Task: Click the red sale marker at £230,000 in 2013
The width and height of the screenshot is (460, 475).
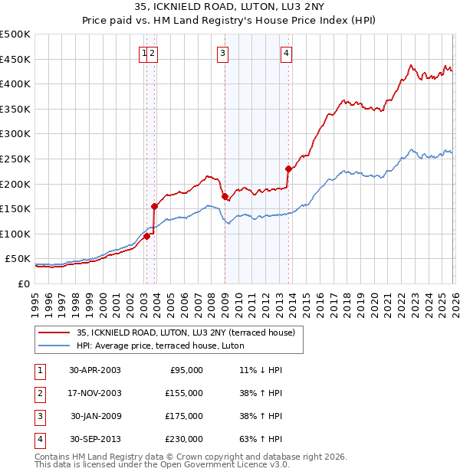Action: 288,169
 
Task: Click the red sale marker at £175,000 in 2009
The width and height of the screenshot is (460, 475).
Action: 225,196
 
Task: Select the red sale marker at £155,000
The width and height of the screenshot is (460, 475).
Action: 155,206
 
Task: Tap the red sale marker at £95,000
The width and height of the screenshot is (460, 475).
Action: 147,236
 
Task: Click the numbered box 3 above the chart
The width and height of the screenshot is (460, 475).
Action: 222,53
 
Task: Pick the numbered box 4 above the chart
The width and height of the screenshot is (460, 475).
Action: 286,53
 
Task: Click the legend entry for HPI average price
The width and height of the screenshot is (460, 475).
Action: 159,346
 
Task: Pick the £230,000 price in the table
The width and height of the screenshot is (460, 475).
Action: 184,439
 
